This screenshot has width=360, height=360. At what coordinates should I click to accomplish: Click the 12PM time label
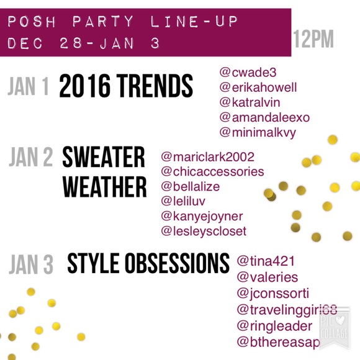click(313, 39)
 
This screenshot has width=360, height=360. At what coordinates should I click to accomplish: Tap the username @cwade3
click(248, 73)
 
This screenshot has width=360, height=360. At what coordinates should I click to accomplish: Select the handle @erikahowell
click(258, 88)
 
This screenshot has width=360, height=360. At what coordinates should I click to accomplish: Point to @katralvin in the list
click(250, 102)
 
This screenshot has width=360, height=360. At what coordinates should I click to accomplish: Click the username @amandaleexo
click(264, 117)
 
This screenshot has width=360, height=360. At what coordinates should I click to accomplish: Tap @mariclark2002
click(207, 157)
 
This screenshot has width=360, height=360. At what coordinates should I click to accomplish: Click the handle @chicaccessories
click(212, 172)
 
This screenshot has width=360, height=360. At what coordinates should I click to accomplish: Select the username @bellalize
click(191, 186)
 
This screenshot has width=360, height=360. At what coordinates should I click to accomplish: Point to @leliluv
click(183, 201)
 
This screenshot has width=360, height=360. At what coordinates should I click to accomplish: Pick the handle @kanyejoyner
click(202, 217)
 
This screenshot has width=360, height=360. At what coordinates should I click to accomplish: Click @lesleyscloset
click(204, 232)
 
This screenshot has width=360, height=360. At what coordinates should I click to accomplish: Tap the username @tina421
click(266, 261)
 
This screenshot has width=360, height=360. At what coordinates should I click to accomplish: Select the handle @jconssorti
click(273, 294)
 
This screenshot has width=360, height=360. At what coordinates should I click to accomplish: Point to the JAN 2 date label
click(31, 157)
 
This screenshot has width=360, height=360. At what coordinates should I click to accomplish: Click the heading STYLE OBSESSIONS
click(148, 263)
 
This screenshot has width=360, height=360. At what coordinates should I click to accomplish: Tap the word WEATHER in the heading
click(104, 187)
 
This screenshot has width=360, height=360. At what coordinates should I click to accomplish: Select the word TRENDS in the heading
click(155, 86)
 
